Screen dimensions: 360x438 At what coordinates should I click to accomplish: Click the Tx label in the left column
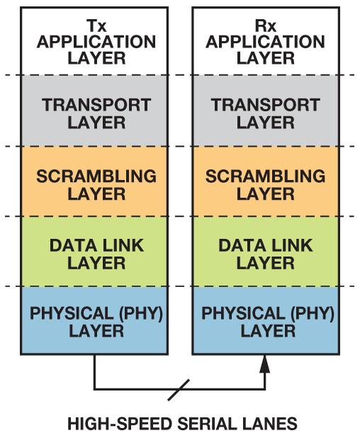coord(96,26)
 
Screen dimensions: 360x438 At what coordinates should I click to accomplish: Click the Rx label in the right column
coord(265,26)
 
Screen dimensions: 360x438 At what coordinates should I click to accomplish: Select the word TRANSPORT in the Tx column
coord(96,105)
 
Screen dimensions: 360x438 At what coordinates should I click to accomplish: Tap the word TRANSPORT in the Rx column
coord(265,105)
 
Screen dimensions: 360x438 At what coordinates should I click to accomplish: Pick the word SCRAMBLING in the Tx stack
coord(96,176)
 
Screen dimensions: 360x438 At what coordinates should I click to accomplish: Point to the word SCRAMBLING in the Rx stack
coord(265,176)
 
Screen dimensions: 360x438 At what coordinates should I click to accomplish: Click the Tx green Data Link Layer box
coord(94,252)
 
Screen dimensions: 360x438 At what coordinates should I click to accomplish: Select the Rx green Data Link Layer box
coord(266,252)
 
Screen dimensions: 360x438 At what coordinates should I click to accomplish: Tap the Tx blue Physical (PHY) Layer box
coord(94,320)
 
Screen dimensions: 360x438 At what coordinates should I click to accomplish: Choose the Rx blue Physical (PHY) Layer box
coord(266,320)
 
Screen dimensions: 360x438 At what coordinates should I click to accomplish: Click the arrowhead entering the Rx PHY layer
coord(265,364)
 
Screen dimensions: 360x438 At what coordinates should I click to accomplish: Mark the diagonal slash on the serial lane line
coord(179,390)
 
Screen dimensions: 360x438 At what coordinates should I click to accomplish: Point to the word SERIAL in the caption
coord(207,424)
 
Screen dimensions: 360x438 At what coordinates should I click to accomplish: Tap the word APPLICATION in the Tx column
coord(96,42)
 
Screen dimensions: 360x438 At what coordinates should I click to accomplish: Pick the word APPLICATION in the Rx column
coord(265,42)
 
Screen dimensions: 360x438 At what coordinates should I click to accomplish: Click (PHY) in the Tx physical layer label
coord(141,313)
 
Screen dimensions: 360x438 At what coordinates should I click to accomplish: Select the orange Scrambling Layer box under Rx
coord(266,181)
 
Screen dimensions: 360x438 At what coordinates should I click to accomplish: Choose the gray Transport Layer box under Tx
coord(94,111)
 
